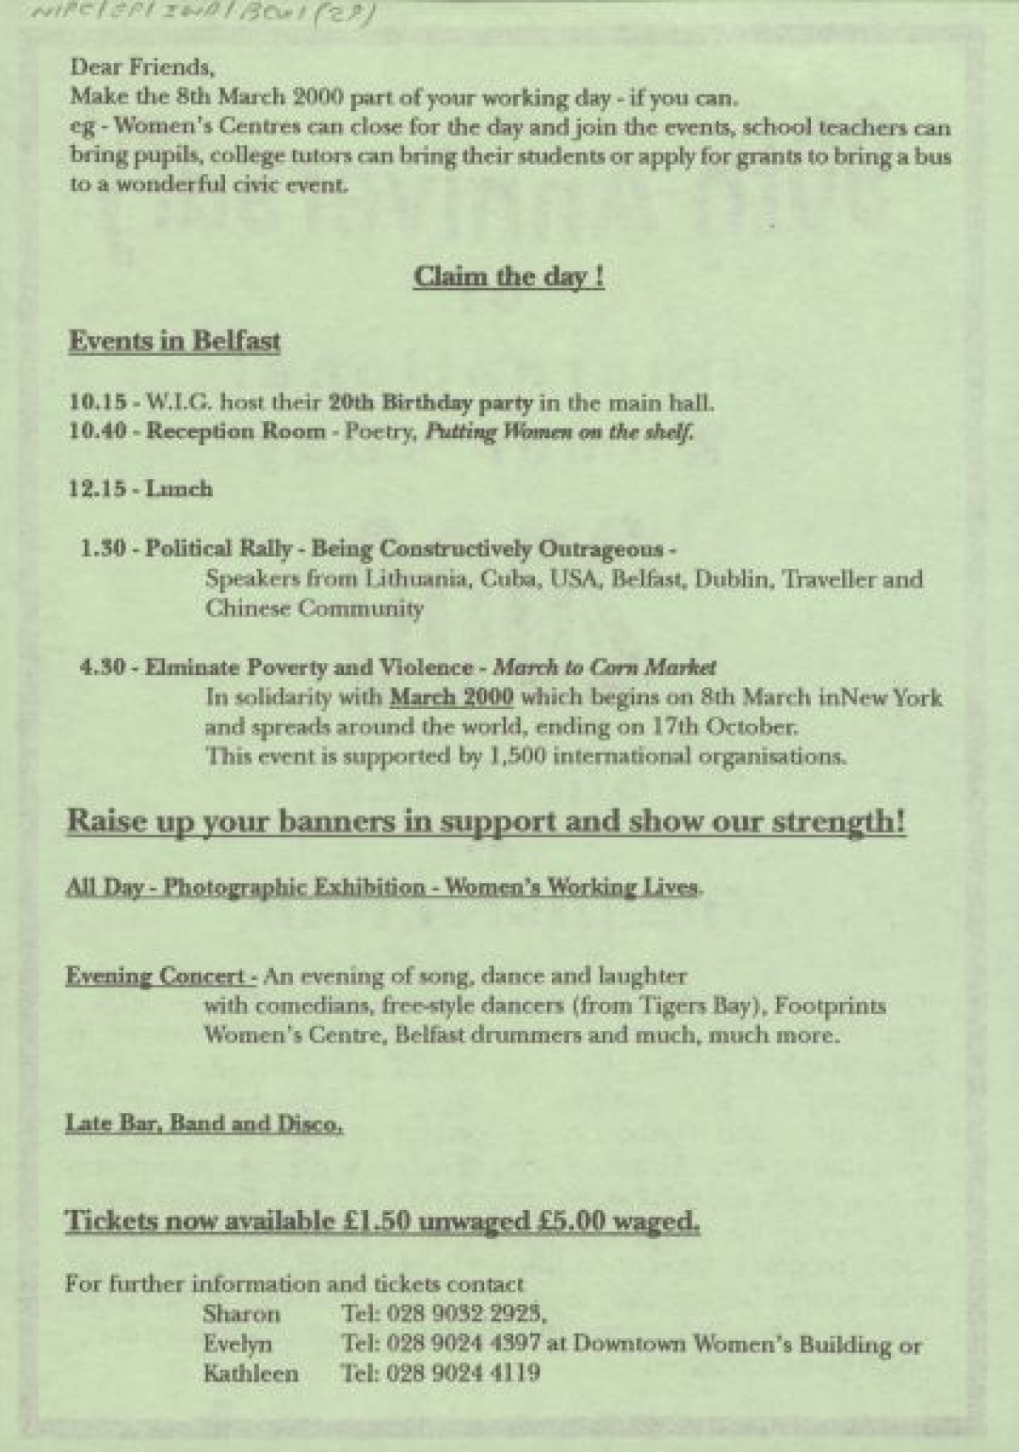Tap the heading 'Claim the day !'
(x=509, y=277)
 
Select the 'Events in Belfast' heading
(x=174, y=340)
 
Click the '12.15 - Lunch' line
(x=141, y=488)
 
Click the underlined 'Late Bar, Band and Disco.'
(x=205, y=1123)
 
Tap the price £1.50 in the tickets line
(x=379, y=1221)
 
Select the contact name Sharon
(x=241, y=1314)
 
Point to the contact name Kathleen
(x=251, y=1373)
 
